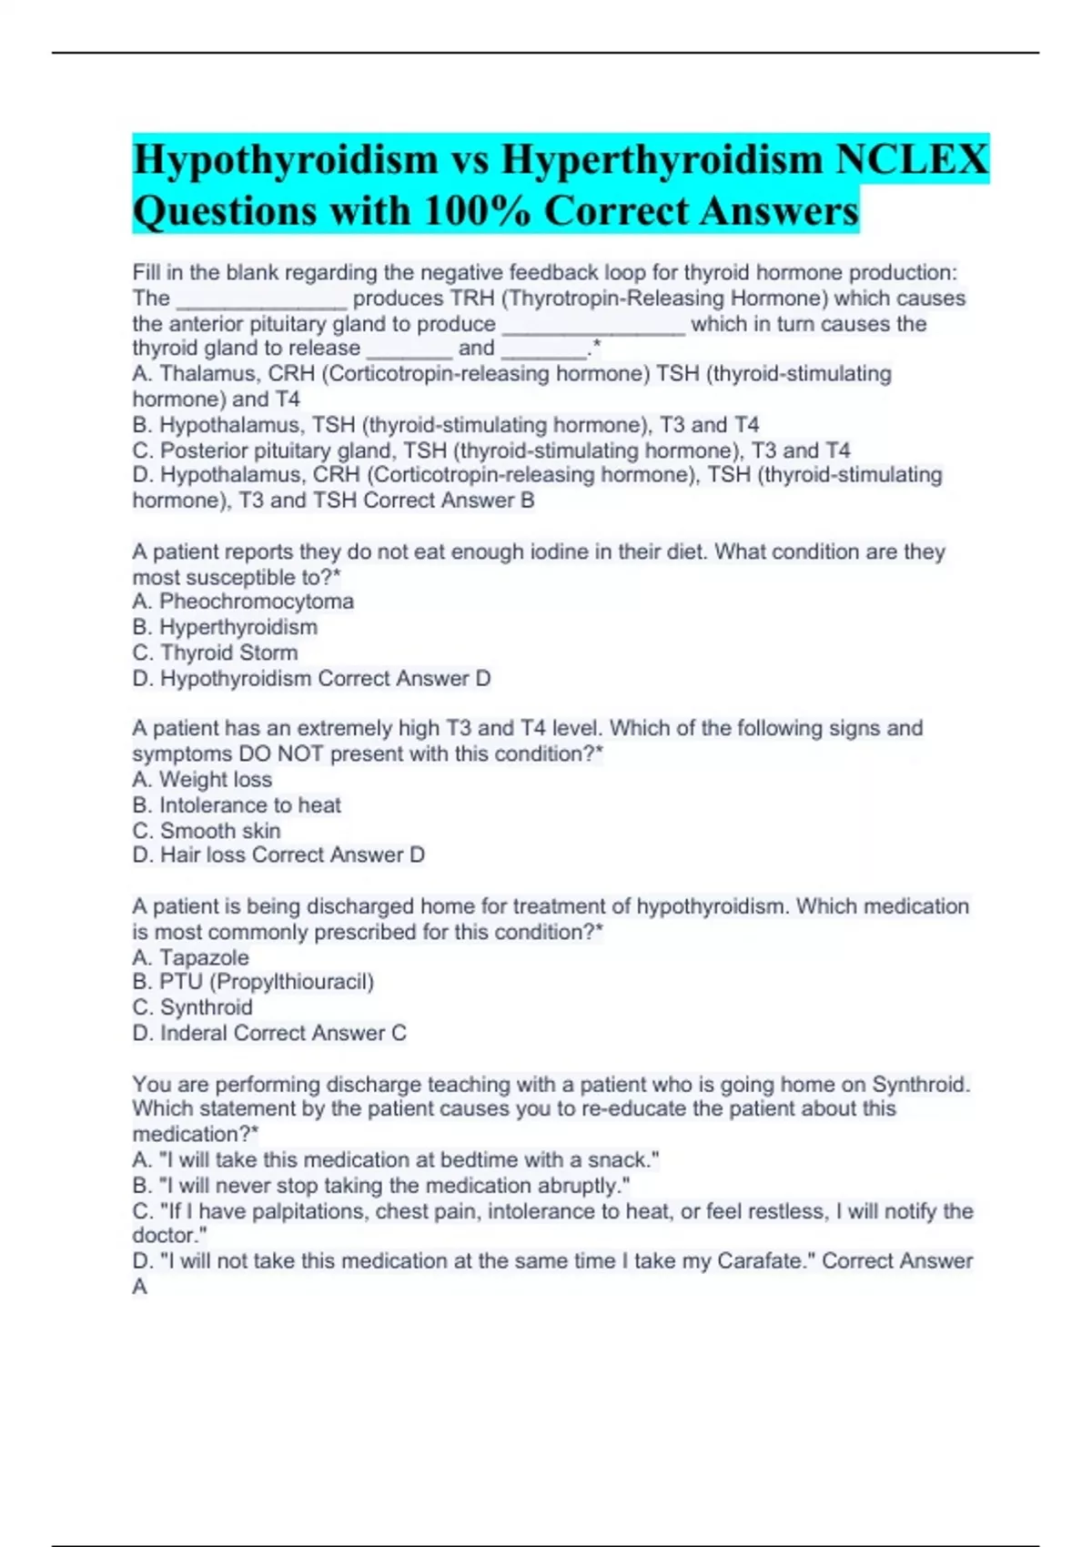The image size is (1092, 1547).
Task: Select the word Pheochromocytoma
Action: pos(256,602)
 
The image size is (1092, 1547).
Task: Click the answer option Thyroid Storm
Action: pos(228,652)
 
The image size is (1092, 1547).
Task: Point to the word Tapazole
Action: pos(204,957)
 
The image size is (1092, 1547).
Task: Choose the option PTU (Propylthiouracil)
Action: pos(267,982)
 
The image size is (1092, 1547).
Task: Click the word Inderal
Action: pos(194,1033)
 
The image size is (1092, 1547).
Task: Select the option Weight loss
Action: pos(216,780)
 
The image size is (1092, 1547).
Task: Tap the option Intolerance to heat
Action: pos(250,805)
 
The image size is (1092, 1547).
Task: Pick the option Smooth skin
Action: pos(220,831)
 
